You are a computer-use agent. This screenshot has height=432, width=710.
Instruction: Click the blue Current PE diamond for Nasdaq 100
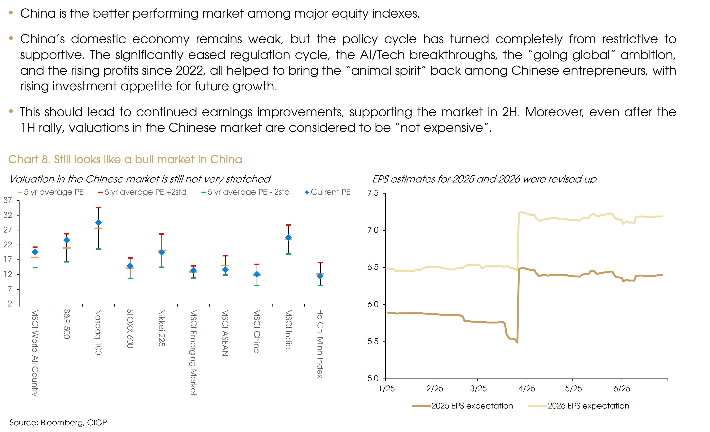click(98, 223)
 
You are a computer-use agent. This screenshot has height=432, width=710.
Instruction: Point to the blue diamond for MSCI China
click(257, 275)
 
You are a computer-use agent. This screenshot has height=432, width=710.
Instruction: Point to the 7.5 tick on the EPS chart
click(373, 193)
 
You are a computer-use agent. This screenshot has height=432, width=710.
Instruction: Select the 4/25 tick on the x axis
click(527, 389)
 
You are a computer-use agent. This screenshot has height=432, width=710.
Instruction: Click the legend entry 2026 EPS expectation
click(588, 406)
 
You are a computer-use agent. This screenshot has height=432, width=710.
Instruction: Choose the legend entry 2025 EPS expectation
click(472, 406)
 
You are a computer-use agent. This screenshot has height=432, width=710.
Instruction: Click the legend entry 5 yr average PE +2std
click(145, 192)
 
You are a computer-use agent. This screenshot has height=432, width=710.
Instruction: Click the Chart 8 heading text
click(125, 160)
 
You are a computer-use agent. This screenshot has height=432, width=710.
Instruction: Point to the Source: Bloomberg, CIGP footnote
click(58, 422)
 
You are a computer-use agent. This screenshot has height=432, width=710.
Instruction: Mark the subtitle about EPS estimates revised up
click(484, 179)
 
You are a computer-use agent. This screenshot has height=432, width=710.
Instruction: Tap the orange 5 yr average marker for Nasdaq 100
click(98, 229)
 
